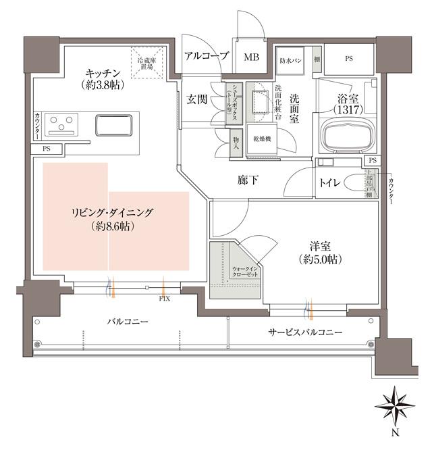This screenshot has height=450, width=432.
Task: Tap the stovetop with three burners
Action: click(63, 125)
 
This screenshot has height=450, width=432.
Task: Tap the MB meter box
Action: click(251, 57)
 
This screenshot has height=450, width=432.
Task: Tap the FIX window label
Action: click(164, 298)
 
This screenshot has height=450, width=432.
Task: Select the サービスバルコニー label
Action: click(305, 332)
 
